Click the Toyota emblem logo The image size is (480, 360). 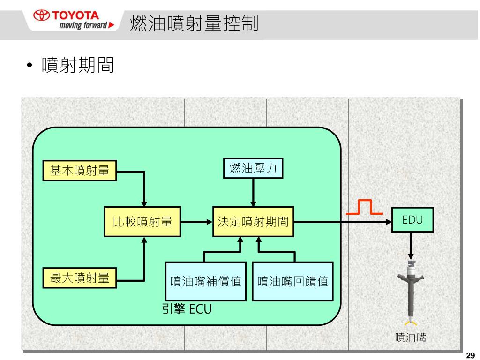[43, 15]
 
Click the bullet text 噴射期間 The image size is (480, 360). [78, 65]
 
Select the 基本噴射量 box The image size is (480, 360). [79, 171]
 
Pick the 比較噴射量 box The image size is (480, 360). [142, 221]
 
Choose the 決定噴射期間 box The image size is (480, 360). [253, 221]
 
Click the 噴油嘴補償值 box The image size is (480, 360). [206, 281]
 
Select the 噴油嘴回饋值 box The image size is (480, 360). [292, 281]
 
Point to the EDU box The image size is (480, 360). [412, 219]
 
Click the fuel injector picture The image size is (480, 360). [411, 291]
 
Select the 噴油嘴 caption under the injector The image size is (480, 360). [411, 337]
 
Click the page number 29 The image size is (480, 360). [471, 355]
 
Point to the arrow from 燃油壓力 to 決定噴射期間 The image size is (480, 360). [253, 192]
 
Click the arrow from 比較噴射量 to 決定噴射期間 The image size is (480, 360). [196, 221]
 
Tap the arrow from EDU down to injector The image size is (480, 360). [411, 246]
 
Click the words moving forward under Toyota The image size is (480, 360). [83, 25]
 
